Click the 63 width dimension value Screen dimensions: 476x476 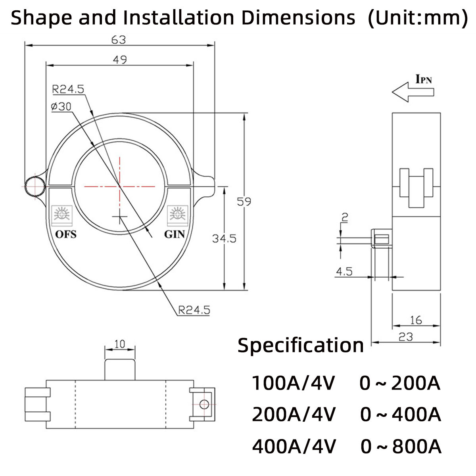click(x=119, y=40)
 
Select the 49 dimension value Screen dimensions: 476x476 click(x=120, y=60)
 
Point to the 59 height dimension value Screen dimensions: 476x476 click(x=244, y=202)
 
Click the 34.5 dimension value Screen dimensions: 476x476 click(x=224, y=238)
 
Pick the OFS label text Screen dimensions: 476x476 click(x=65, y=234)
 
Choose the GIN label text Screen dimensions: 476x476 click(x=175, y=234)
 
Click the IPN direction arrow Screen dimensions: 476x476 click(x=413, y=92)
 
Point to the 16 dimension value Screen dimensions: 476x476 click(x=416, y=320)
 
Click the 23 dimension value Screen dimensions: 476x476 click(x=405, y=337)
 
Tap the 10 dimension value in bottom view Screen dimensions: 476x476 click(x=119, y=344)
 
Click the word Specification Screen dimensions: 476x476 click(x=300, y=345)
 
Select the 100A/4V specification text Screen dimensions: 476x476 click(x=294, y=383)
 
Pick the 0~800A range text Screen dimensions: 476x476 click(x=401, y=447)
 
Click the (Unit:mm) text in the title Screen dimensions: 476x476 click(x=418, y=18)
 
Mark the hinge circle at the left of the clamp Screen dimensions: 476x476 click(x=34, y=186)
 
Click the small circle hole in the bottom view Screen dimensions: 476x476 click(x=204, y=404)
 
